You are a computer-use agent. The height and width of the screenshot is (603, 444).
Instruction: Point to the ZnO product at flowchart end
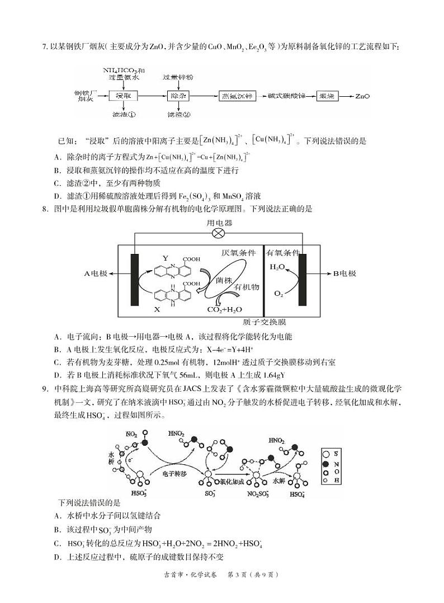pos(362,96)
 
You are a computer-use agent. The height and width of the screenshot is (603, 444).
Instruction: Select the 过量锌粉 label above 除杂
pos(178,76)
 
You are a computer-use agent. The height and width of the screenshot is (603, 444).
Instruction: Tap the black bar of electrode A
pos(135,278)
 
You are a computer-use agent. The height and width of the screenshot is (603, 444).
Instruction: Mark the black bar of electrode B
pos(304,278)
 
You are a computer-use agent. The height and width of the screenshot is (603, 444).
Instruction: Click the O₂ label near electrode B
pos(278,293)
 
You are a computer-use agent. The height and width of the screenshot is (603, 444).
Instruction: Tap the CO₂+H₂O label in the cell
pos(225,309)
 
